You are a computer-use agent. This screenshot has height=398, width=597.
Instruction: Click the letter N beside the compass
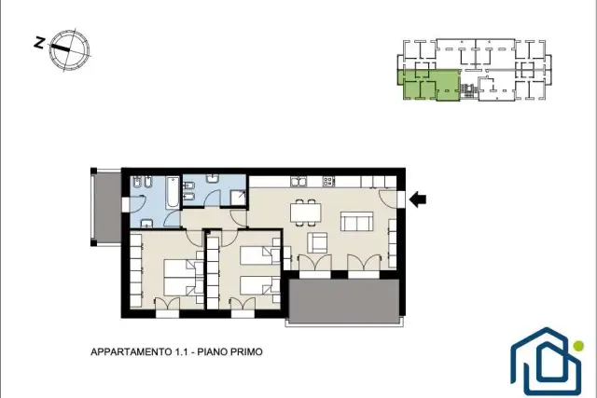tap(39, 42)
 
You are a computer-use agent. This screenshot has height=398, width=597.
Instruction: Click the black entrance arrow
tap(418, 199)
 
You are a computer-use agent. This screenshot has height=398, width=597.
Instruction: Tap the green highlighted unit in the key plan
tap(430, 85)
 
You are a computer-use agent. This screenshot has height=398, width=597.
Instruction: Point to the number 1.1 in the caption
tap(182, 352)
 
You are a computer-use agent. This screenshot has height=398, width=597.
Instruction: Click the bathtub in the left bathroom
tap(172, 192)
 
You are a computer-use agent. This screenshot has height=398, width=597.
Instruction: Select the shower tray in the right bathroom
tap(239, 198)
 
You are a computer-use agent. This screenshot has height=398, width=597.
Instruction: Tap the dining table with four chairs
tap(305, 213)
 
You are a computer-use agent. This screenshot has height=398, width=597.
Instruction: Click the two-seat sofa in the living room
tap(356, 222)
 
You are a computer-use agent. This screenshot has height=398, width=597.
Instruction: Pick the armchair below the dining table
tap(317, 242)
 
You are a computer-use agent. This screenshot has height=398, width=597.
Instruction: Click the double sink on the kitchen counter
tap(298, 182)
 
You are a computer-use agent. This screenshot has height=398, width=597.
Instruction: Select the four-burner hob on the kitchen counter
tap(328, 182)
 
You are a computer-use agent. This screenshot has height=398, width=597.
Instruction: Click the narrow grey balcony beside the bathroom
tap(107, 207)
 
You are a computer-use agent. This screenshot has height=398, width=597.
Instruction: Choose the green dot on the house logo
tap(578, 346)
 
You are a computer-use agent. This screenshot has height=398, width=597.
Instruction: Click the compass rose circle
tap(70, 49)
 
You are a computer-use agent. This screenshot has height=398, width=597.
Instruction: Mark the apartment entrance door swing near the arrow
tap(387, 199)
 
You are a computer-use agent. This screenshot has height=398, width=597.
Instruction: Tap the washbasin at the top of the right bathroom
tap(213, 178)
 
